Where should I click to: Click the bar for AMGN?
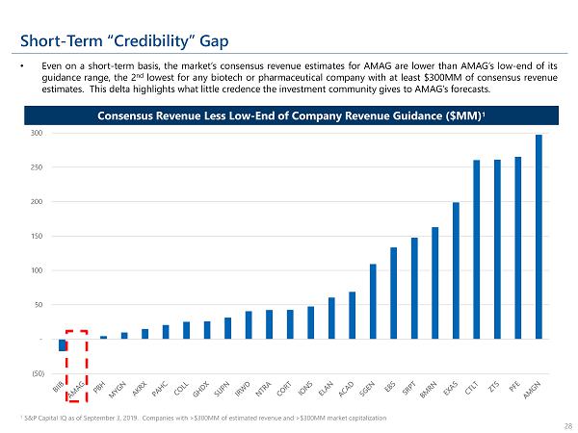click(x=539, y=237)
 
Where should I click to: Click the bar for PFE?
click(x=517, y=247)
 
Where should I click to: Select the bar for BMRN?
click(x=434, y=283)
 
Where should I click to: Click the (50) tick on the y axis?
click(x=37, y=373)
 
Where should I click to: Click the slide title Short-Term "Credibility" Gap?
click(x=124, y=39)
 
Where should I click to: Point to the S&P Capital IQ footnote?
click(x=201, y=418)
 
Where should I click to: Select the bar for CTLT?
click(x=476, y=250)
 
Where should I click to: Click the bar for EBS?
click(x=393, y=293)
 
